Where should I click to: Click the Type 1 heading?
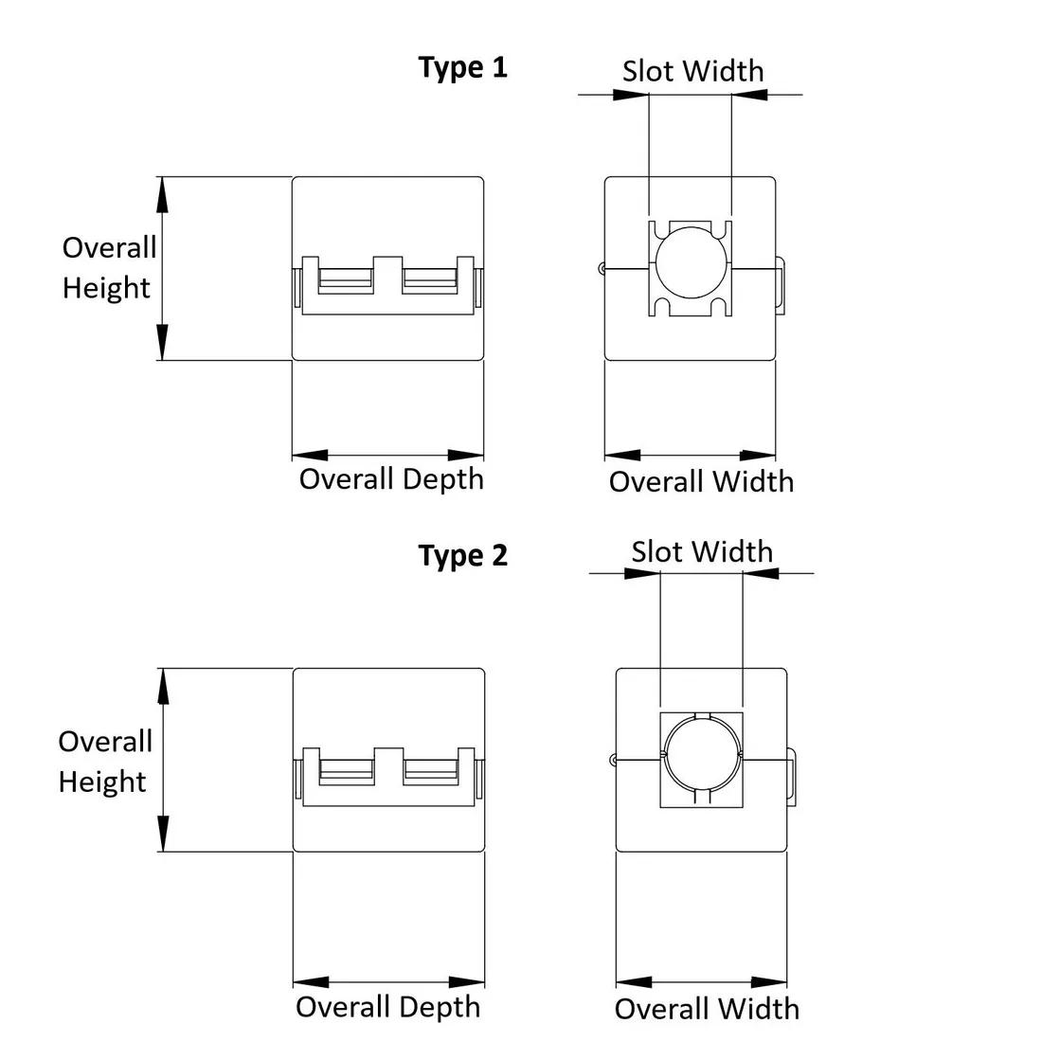coord(462,68)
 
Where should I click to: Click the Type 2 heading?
coord(462,555)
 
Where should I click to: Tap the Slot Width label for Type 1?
coord(692,71)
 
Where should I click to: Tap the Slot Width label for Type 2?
coord(702,551)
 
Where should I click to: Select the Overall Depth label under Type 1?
coord(391,480)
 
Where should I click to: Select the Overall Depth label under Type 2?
coord(388,1008)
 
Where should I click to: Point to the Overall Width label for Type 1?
coord(701,482)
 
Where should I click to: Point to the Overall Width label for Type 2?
coord(707,1009)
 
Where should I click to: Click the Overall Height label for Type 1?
coord(109,268)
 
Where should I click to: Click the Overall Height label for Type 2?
coord(105,762)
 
